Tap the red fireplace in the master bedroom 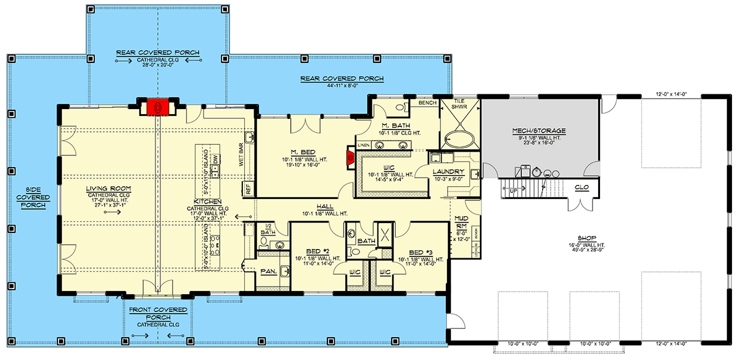click(x=350, y=157)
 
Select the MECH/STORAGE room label click(x=539, y=131)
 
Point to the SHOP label click(x=586, y=236)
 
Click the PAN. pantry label click(x=268, y=271)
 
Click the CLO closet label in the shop click(x=582, y=187)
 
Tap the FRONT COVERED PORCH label click(x=157, y=315)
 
